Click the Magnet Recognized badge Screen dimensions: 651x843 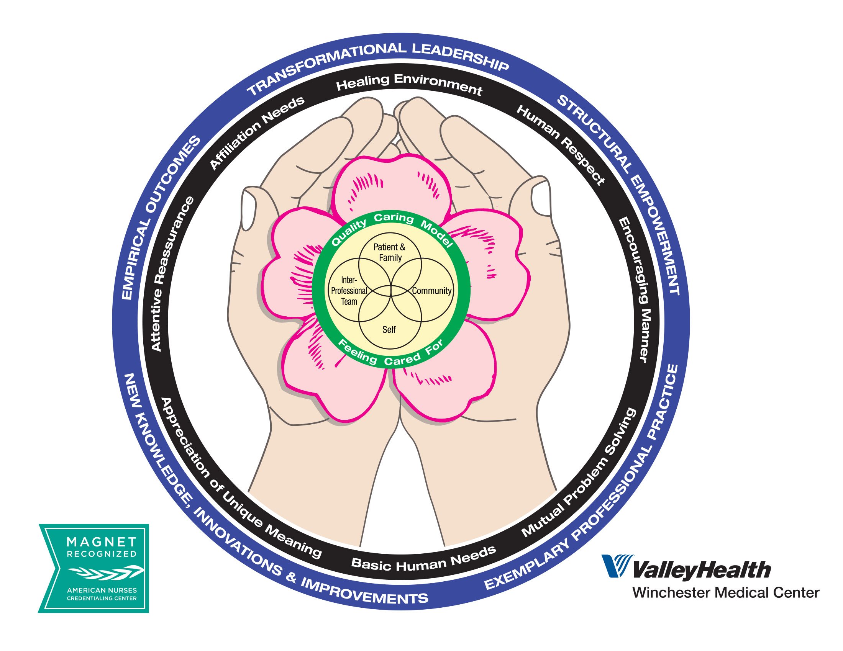tap(94, 568)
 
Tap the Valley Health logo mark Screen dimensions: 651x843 tap(617, 566)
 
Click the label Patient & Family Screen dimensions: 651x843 tap(389, 252)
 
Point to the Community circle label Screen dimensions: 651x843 tap(431, 291)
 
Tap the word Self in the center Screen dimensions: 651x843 tap(389, 329)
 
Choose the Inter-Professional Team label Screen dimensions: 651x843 tap(349, 291)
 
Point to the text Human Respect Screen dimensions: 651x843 tap(561, 145)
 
